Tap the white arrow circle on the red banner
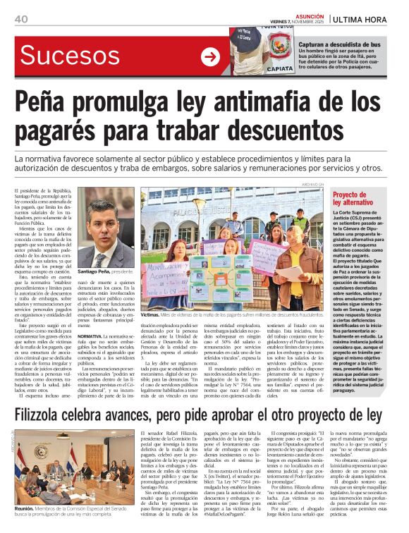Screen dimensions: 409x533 [210, 57]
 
